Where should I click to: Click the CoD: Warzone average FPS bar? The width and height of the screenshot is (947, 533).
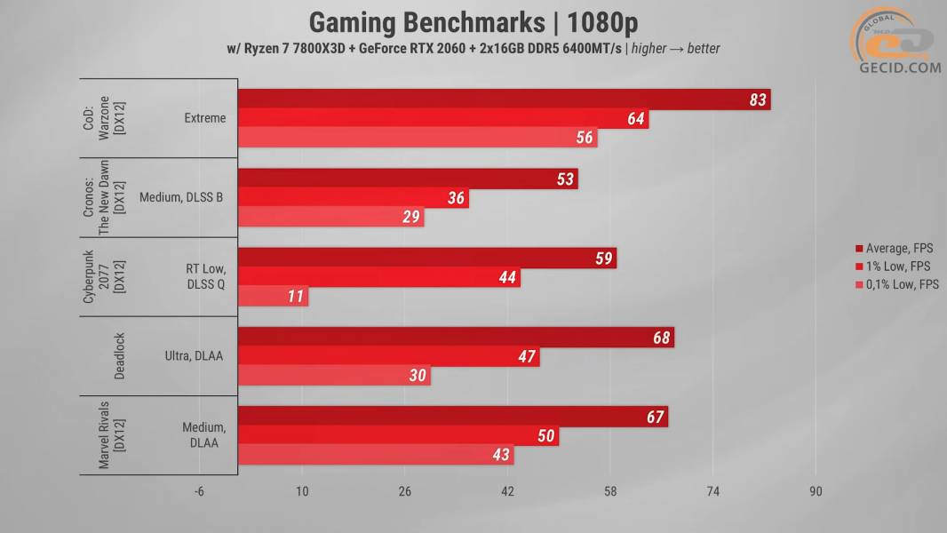(x=504, y=99)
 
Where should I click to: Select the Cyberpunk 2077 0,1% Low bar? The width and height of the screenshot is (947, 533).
(x=274, y=297)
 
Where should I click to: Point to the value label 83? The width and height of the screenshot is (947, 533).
(x=757, y=100)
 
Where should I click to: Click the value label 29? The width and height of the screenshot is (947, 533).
(x=410, y=218)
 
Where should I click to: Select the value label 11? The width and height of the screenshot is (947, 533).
(x=296, y=297)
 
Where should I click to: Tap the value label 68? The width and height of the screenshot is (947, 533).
(x=660, y=338)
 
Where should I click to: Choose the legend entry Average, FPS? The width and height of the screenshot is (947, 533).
(x=893, y=249)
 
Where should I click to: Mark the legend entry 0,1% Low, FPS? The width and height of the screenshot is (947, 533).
(x=896, y=284)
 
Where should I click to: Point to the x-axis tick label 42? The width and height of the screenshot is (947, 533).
(x=507, y=492)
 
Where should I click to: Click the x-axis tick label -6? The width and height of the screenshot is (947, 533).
(x=199, y=492)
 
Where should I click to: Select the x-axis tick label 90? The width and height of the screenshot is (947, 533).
(x=816, y=492)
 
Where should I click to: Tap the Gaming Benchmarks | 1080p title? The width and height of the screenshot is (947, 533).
(x=473, y=21)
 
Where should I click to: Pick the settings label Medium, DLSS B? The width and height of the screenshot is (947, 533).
(x=181, y=197)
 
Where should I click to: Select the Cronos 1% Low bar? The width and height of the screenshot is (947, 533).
(x=353, y=198)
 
